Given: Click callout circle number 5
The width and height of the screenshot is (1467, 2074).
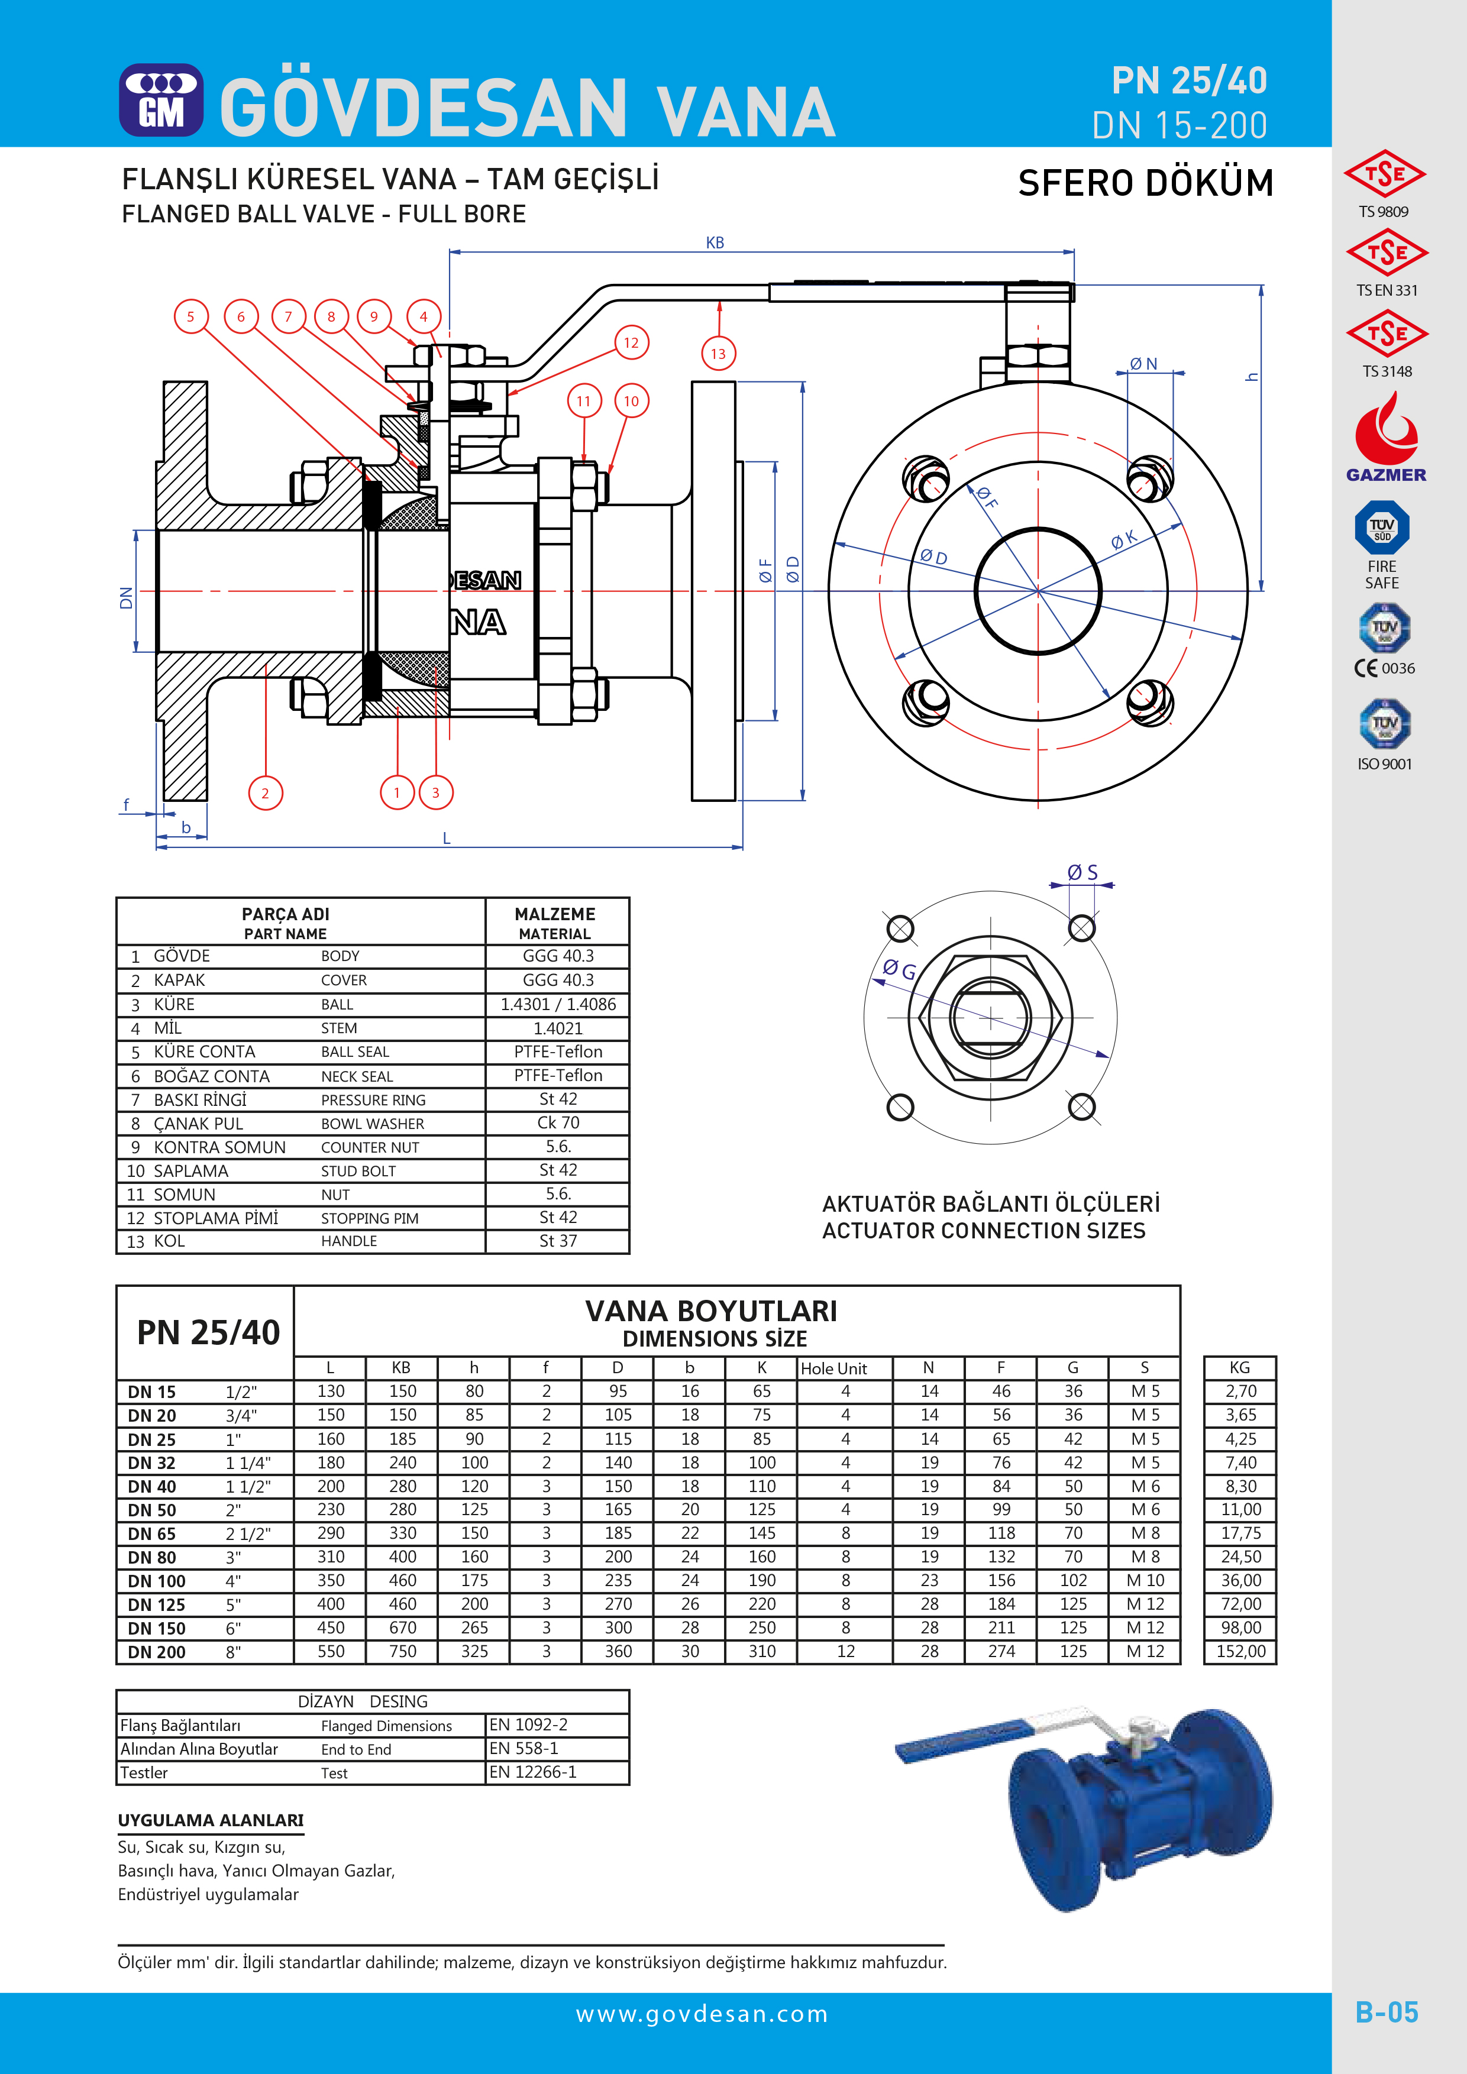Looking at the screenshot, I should [x=190, y=317].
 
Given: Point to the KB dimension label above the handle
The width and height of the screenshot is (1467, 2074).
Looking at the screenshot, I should [x=715, y=243].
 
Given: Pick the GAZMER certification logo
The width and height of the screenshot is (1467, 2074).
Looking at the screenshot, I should [x=1386, y=440].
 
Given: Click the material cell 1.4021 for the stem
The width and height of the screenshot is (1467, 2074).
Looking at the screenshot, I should [x=557, y=1028].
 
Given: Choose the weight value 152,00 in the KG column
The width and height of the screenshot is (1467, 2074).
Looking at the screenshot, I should [x=1240, y=1651].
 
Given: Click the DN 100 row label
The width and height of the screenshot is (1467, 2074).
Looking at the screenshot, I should [x=156, y=1581].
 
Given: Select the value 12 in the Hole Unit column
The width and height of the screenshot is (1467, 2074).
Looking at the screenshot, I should [x=845, y=1651].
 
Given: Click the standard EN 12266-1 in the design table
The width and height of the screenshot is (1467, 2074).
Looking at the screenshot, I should [x=533, y=1772].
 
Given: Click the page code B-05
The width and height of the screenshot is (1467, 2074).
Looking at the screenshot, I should [x=1386, y=2012].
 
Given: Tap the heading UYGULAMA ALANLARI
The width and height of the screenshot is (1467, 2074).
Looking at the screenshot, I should [x=211, y=1820].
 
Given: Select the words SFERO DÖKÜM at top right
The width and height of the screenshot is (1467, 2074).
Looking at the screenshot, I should [x=1145, y=183].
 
